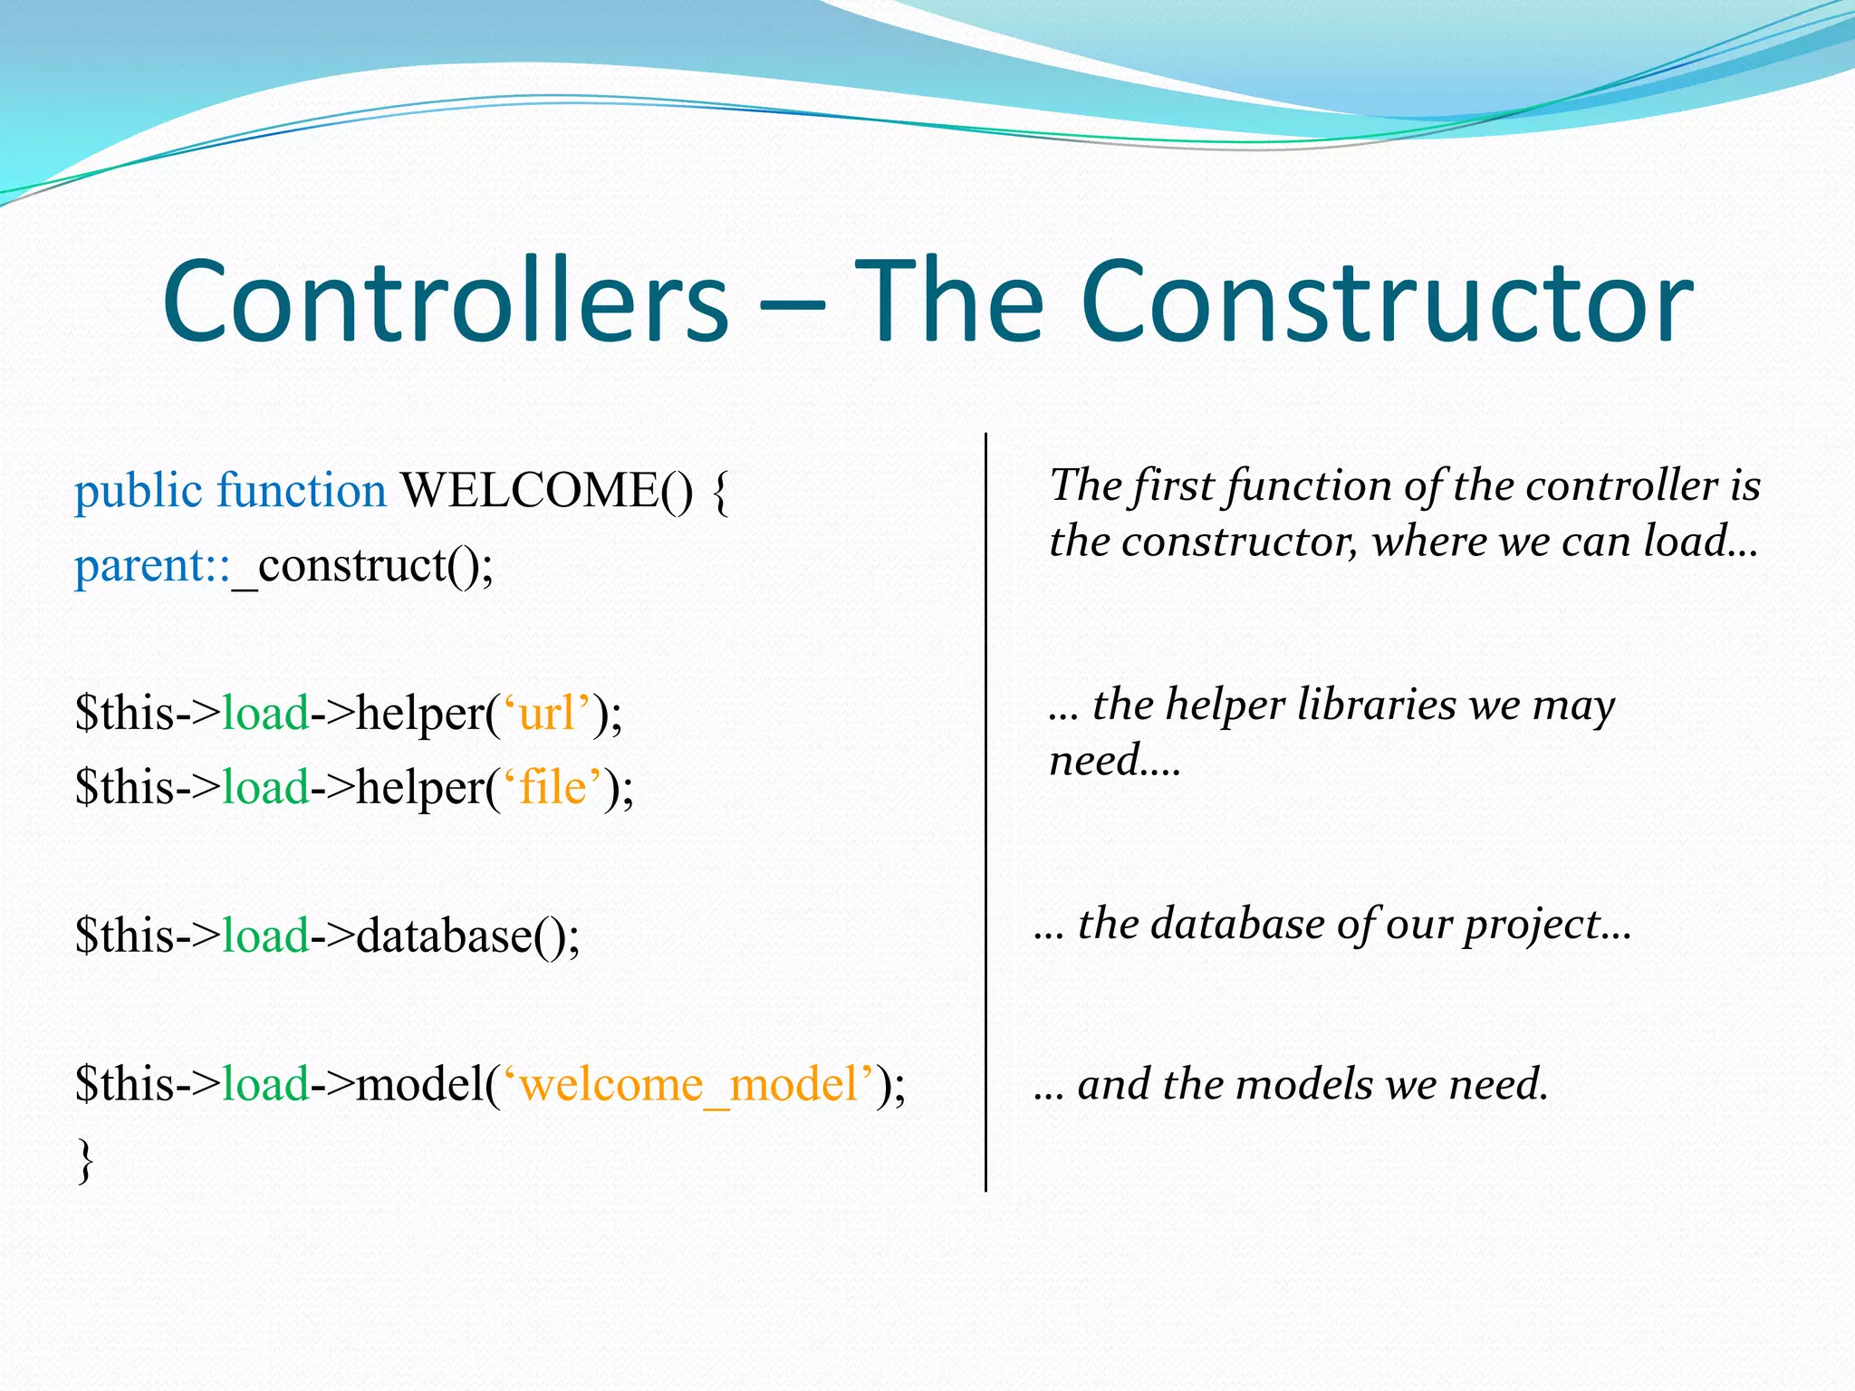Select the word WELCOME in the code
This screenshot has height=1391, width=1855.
tap(531, 491)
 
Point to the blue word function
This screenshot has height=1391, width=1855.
tap(302, 491)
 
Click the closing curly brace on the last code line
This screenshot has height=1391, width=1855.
tap(85, 1161)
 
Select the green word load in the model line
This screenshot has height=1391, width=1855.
tap(265, 1083)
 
